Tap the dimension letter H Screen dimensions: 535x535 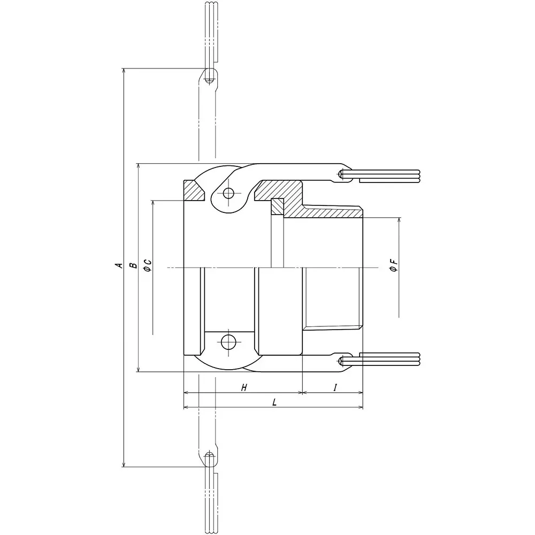(243, 388)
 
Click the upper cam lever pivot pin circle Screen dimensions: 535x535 (229, 193)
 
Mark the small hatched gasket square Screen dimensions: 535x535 (277, 207)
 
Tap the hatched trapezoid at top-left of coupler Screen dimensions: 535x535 (195, 190)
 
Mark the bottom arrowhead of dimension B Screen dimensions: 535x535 (139, 369)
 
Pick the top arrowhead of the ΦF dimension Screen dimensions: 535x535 (399, 221)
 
